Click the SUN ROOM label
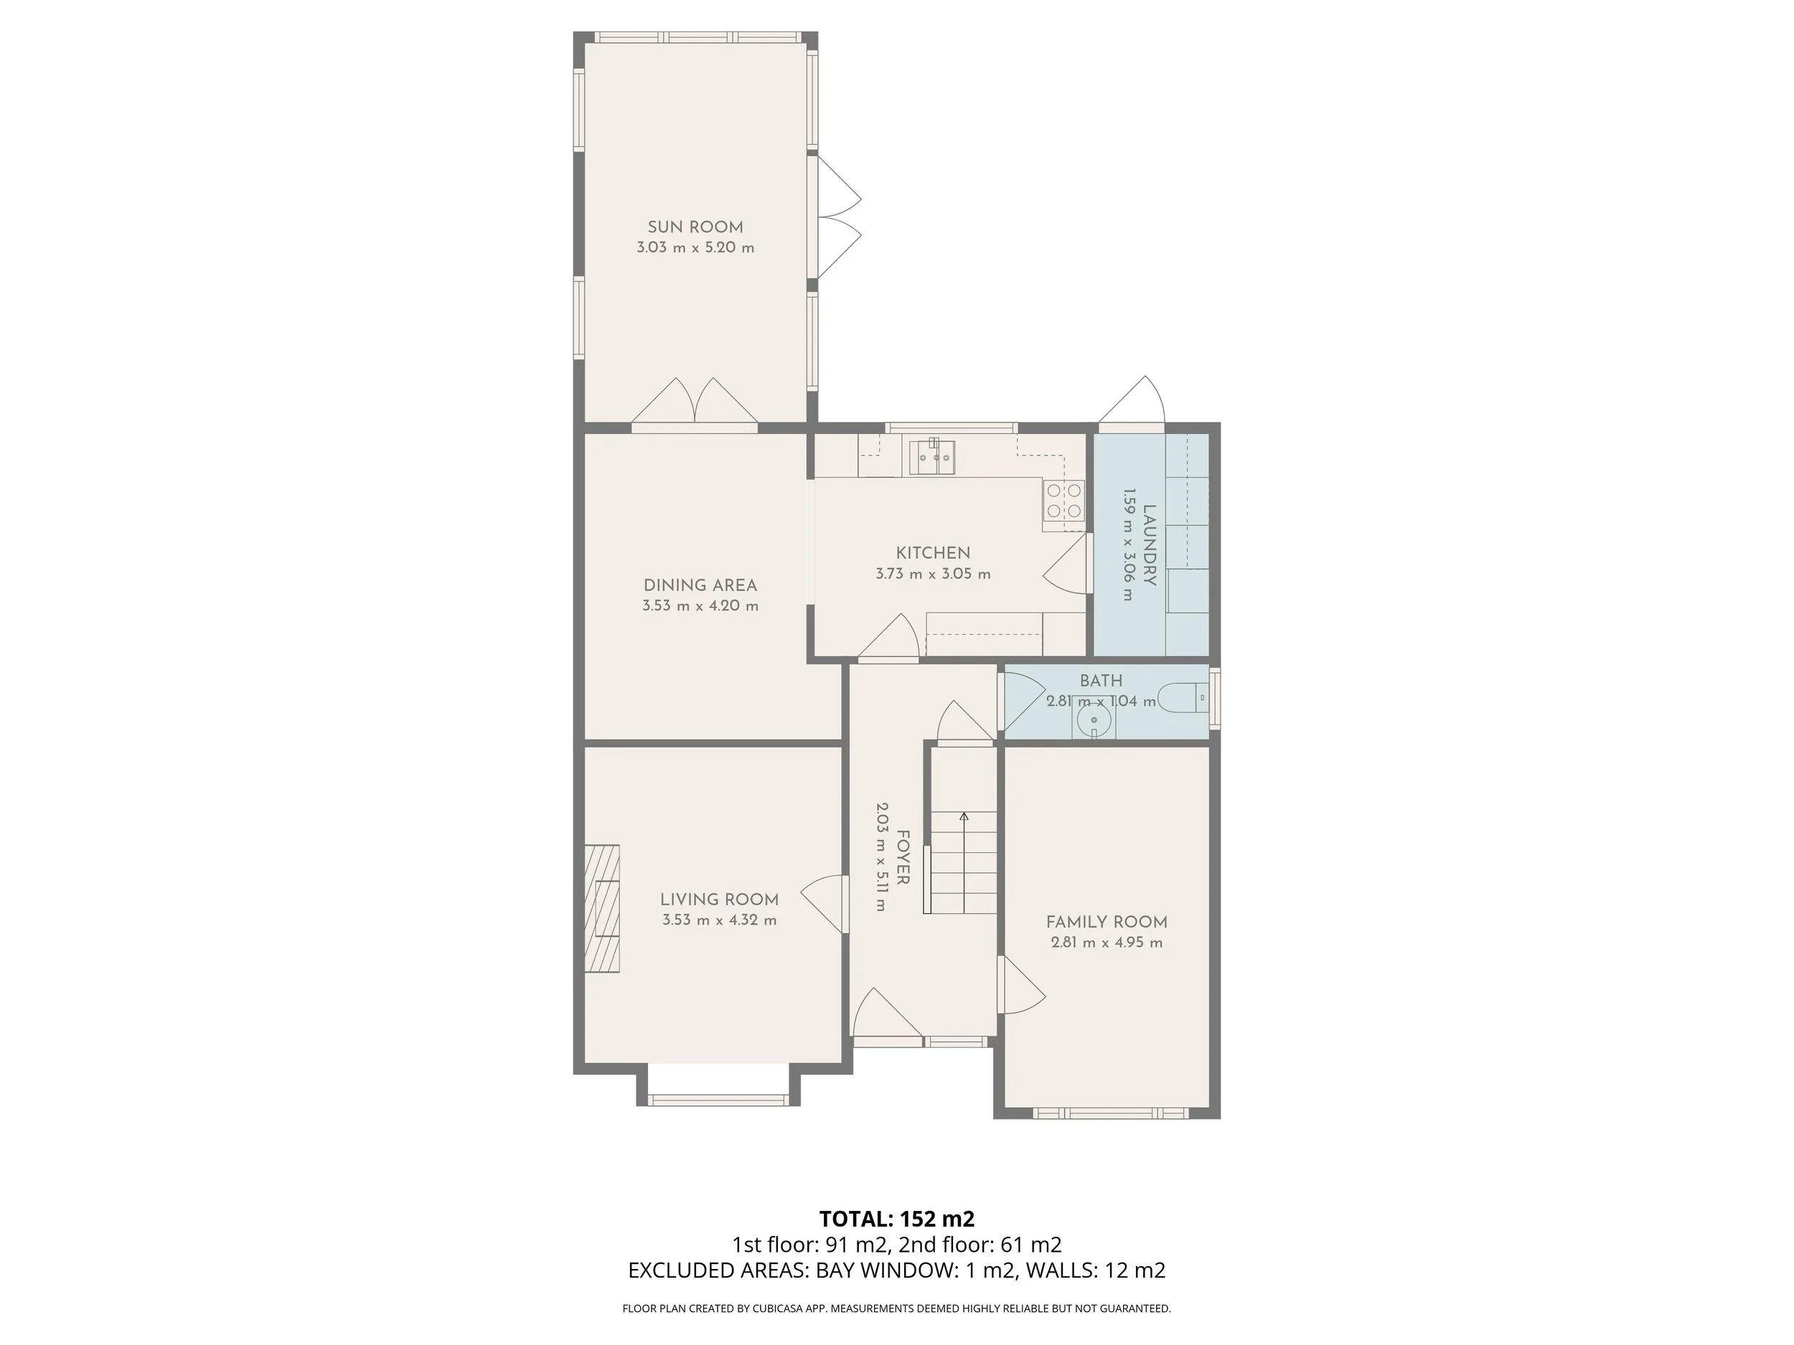click(x=695, y=227)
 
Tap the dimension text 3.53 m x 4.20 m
click(x=700, y=605)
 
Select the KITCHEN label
click(x=933, y=553)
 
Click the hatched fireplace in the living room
click(x=603, y=908)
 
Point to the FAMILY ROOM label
click(x=1107, y=922)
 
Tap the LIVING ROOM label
click(x=719, y=899)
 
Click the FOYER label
click(x=903, y=857)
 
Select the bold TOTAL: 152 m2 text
click(x=897, y=1219)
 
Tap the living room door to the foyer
click(x=822, y=903)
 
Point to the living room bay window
click(x=718, y=1100)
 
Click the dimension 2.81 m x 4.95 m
click(x=1107, y=943)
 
